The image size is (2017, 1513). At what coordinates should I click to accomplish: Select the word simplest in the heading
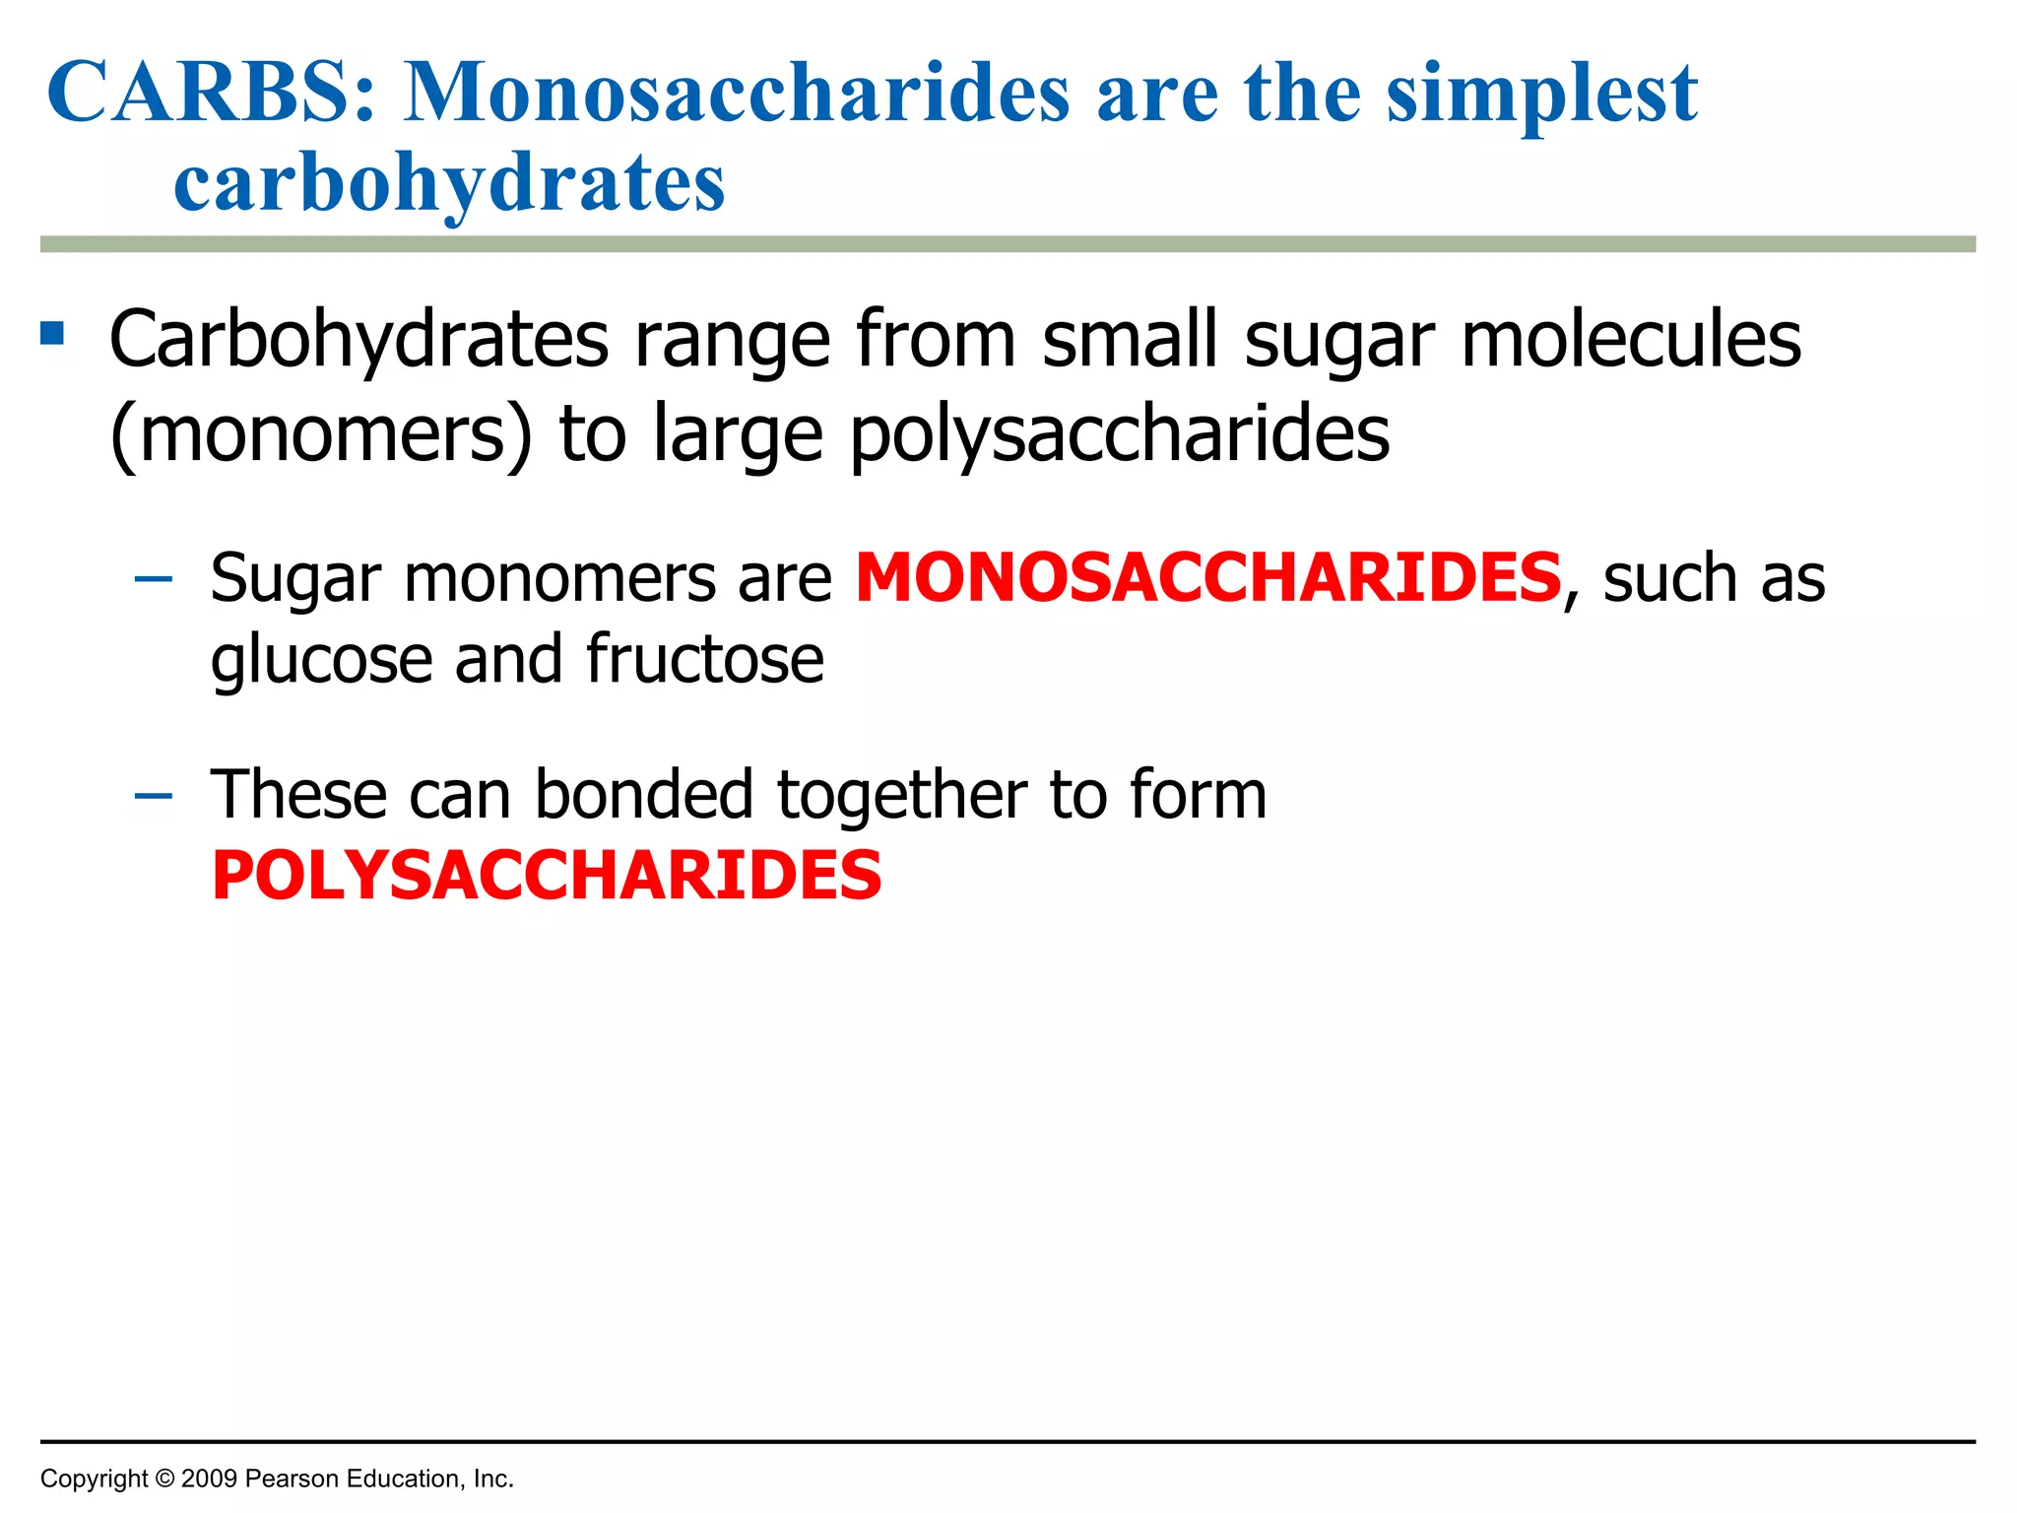pyautogui.click(x=1542, y=95)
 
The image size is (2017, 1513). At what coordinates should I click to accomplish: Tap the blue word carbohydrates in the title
pyautogui.click(x=449, y=183)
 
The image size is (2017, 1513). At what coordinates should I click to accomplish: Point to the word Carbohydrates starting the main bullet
pyautogui.click(x=358, y=340)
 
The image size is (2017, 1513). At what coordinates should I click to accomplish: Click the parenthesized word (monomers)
pyautogui.click(x=321, y=434)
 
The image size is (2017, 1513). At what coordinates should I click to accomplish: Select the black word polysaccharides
pyautogui.click(x=1120, y=434)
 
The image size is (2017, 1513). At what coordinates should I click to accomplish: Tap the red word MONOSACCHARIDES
pyautogui.click(x=1208, y=577)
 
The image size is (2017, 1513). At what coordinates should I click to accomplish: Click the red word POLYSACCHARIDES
pyautogui.click(x=547, y=876)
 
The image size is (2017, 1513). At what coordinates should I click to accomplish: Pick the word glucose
pyautogui.click(x=321, y=660)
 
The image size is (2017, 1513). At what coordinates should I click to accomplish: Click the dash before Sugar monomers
pyautogui.click(x=153, y=578)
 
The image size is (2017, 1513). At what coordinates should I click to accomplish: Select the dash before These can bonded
pyautogui.click(x=153, y=795)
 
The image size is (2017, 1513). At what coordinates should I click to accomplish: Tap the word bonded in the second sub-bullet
pyautogui.click(x=644, y=795)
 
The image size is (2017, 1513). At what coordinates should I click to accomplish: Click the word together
pyautogui.click(x=901, y=796)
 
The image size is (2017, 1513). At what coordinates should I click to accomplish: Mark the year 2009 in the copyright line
pyautogui.click(x=209, y=1479)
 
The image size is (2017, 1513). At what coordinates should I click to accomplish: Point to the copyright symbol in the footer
pyautogui.click(x=163, y=1479)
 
